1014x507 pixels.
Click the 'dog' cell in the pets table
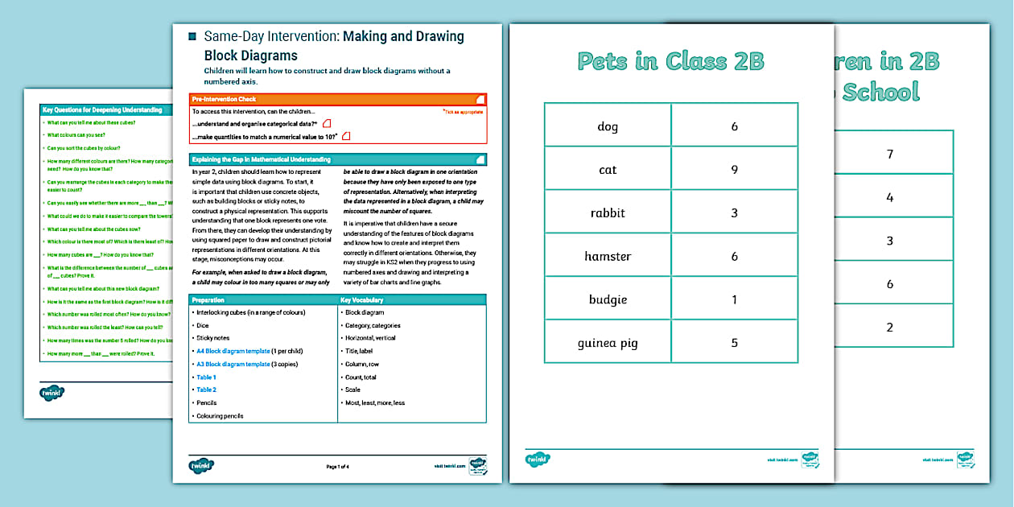pos(608,126)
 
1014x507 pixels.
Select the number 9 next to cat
pos(734,170)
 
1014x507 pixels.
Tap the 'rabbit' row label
pos(608,213)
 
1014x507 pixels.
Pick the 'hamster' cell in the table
pos(608,257)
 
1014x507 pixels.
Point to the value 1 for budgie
pos(734,300)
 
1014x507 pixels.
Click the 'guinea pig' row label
pos(608,344)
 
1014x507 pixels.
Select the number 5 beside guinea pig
pos(734,344)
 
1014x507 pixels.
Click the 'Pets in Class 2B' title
pos(670,61)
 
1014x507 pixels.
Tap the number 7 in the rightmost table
pos(889,154)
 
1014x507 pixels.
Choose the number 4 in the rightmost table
pos(889,197)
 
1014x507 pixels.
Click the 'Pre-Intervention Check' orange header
pos(225,99)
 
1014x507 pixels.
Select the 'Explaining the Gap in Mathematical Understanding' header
pos(261,159)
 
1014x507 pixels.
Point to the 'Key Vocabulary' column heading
pos(362,300)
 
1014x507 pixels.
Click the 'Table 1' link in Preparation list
pos(206,377)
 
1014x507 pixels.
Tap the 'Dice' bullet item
pos(202,325)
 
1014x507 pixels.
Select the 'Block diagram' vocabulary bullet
pos(364,312)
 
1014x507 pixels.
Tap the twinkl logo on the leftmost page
pos(52,394)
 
